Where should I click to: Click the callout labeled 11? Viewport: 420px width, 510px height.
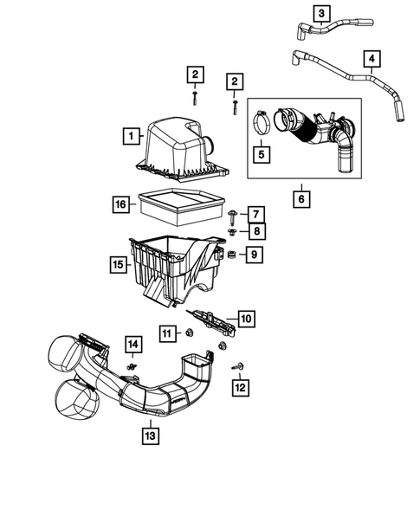coord(165,332)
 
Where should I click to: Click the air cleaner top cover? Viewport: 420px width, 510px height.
coord(178,144)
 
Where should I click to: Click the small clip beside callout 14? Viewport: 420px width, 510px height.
coord(132,366)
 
